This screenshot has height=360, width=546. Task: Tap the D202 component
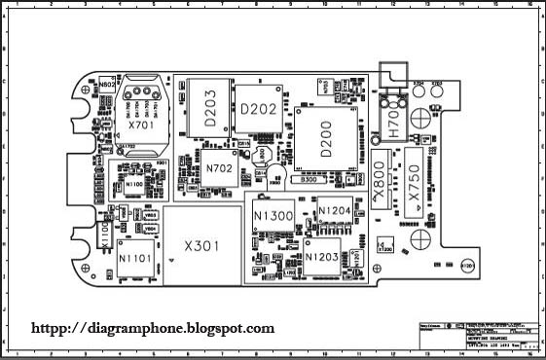point(258,109)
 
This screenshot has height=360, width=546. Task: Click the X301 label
point(202,246)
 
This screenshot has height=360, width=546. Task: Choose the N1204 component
point(333,211)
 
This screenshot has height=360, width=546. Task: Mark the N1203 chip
point(322,256)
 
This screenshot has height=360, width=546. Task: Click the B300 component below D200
point(309,181)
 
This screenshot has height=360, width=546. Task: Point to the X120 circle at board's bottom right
point(466,265)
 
